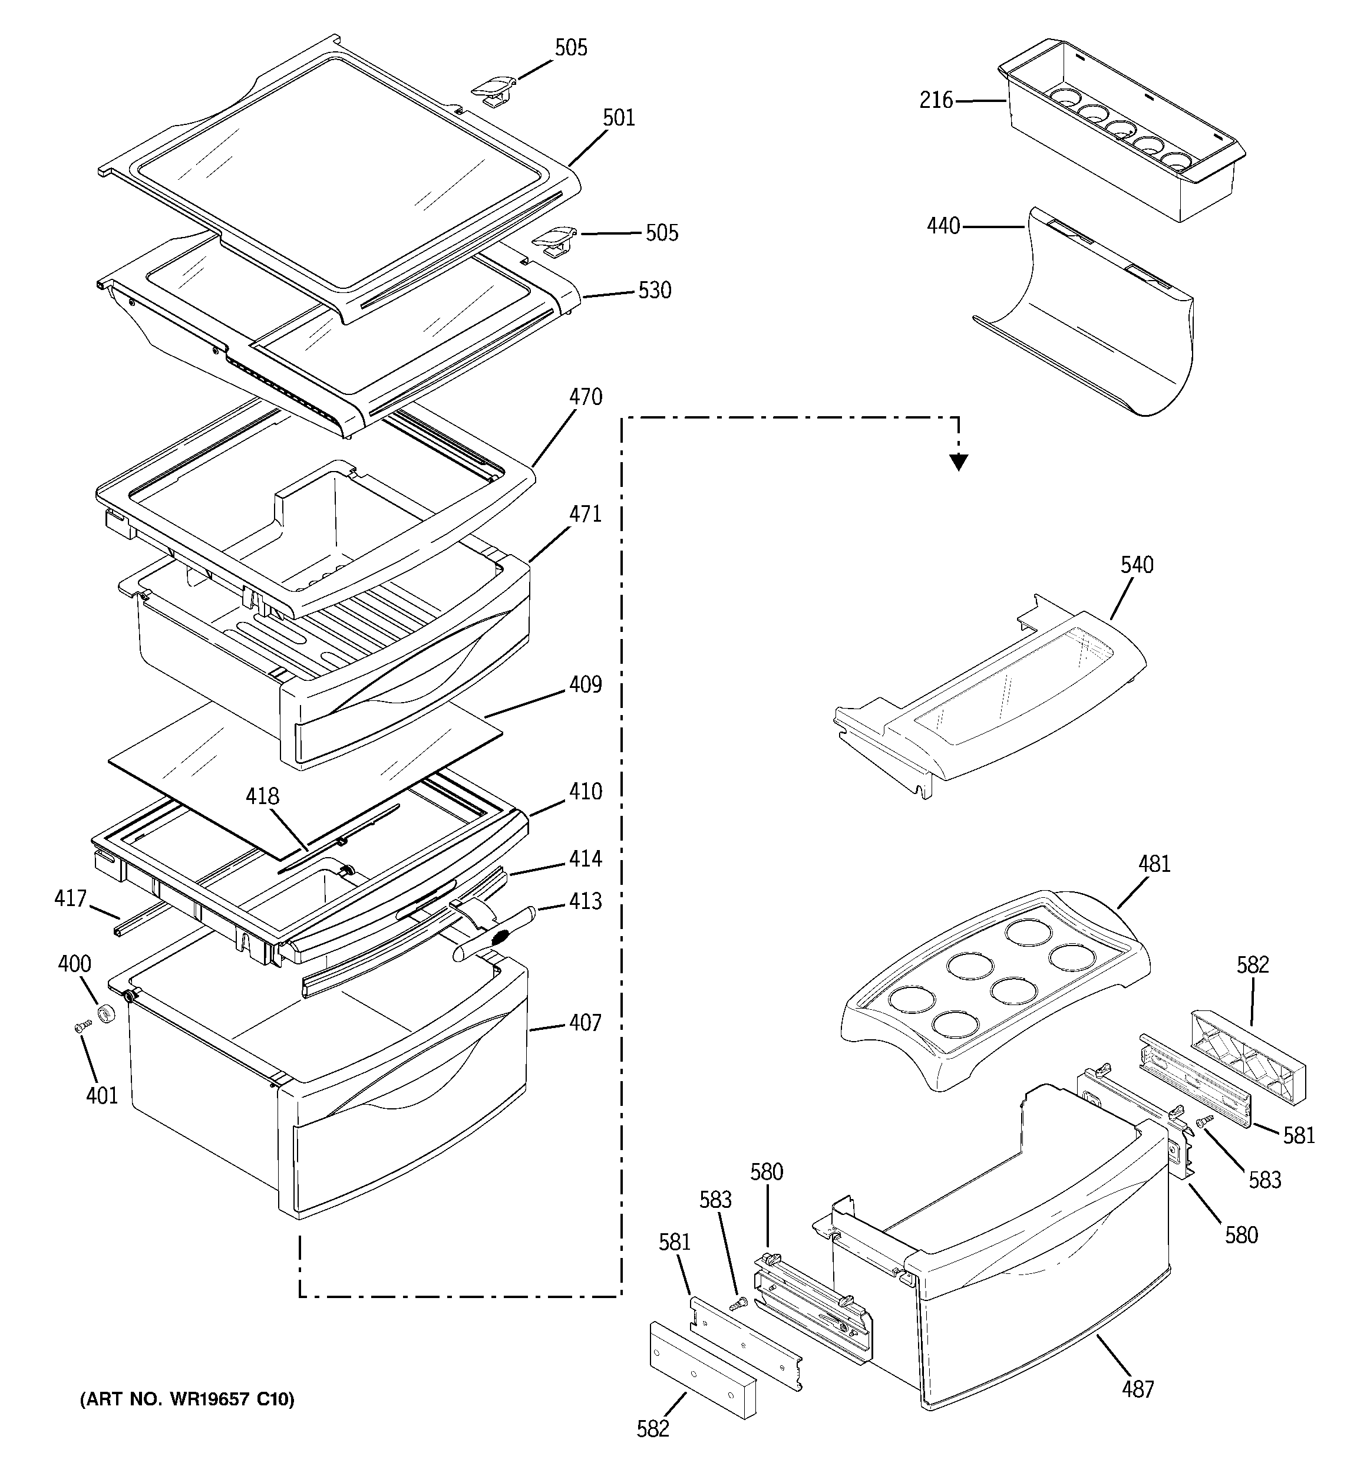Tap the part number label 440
(x=943, y=226)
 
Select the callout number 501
(x=619, y=117)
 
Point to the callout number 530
(x=655, y=291)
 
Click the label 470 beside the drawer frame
(x=586, y=397)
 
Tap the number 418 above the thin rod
(x=263, y=796)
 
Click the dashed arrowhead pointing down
(x=958, y=462)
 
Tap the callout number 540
(x=1137, y=565)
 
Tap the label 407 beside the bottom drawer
(x=586, y=1023)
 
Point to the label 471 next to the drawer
(x=586, y=513)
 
